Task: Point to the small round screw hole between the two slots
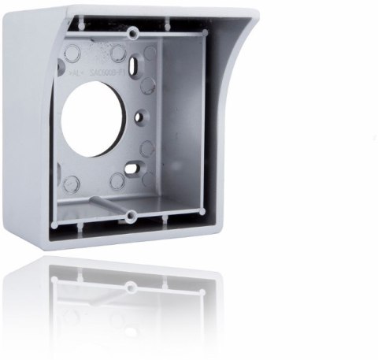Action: pos(139,117)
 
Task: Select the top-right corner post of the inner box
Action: pos(204,32)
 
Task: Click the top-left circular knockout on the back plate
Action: pos(72,53)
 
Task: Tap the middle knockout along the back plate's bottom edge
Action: pos(117,180)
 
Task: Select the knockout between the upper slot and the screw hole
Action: pos(146,84)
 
